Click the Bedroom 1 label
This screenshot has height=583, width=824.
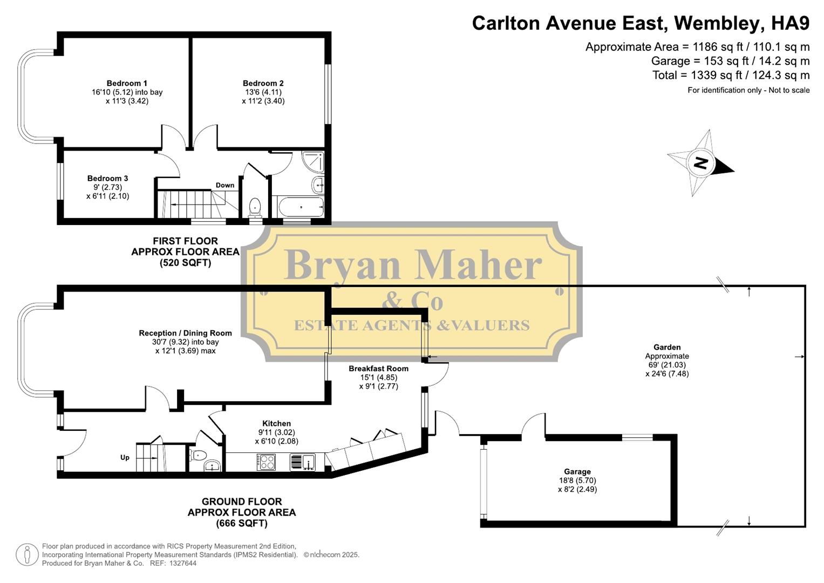tap(127, 83)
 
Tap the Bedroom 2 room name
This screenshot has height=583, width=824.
tap(263, 83)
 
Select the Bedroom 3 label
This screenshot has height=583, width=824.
tap(107, 178)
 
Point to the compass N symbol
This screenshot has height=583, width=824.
tap(700, 162)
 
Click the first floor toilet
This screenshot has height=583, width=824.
tap(255, 207)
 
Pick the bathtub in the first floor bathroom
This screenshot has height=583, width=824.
tap(301, 207)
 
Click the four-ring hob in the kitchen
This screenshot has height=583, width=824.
tap(266, 462)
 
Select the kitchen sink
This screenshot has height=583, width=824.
tap(302, 463)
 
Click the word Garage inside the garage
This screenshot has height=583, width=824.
tap(577, 472)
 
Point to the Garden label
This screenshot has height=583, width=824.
tap(667, 347)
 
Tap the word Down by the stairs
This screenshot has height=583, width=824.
tap(225, 185)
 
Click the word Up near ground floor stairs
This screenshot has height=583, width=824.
tap(125, 457)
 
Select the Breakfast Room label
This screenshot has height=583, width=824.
tap(378, 369)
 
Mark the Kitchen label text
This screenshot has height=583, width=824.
tap(276, 424)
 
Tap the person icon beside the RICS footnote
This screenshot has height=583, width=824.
tap(26, 555)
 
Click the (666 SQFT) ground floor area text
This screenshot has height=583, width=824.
tap(242, 523)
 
